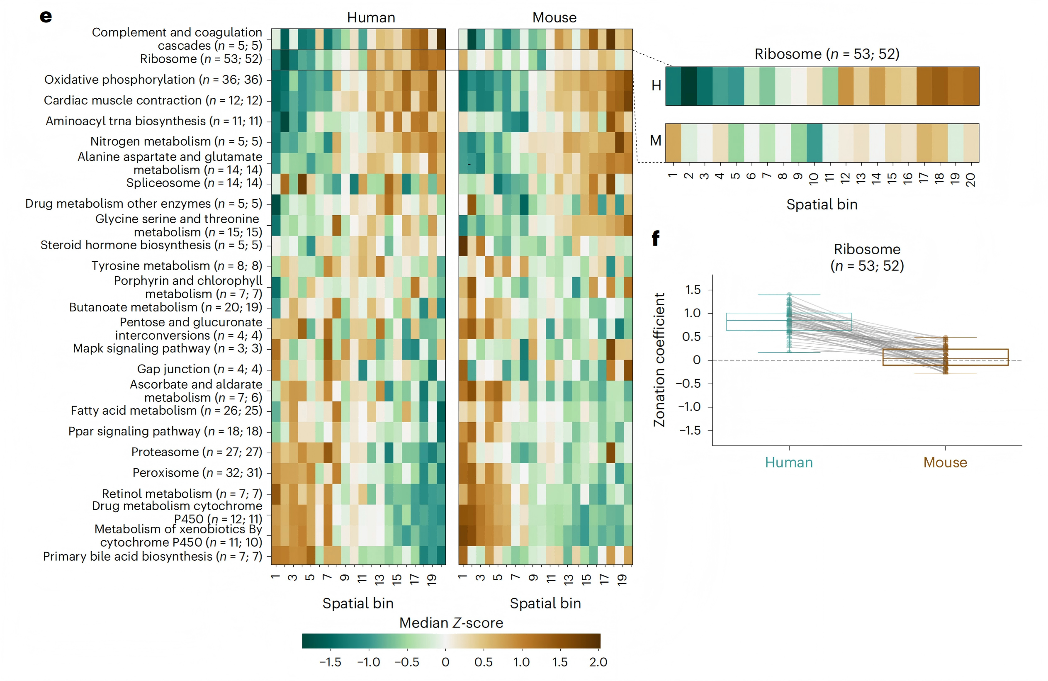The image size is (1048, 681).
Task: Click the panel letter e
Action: point(46,17)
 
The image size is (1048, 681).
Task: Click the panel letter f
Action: point(656,238)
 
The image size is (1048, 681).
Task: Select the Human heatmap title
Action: point(371,17)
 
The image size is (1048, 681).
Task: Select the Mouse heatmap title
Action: point(554,17)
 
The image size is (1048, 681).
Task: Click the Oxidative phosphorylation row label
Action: point(153,80)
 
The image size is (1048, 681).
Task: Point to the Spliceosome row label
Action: point(194,183)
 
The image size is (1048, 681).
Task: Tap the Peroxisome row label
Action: point(197,473)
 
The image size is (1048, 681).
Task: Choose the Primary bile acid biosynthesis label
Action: point(152,556)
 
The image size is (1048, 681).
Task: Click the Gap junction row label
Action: point(199,369)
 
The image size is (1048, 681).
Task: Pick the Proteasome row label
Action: point(197,452)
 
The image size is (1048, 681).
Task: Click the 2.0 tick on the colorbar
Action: point(598,662)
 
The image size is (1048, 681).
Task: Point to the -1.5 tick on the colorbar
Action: point(330,662)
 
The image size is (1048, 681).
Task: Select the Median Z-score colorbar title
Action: point(451,623)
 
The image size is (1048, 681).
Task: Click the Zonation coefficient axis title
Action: point(659,360)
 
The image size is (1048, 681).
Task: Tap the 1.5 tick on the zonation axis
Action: point(693,290)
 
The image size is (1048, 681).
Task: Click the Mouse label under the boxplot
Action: point(945,462)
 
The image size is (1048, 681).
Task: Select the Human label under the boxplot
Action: point(789,462)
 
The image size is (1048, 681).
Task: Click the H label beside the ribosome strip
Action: point(656,85)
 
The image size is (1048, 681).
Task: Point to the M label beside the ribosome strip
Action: point(656,141)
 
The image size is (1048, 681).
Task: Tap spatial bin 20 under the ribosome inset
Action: point(970,180)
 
